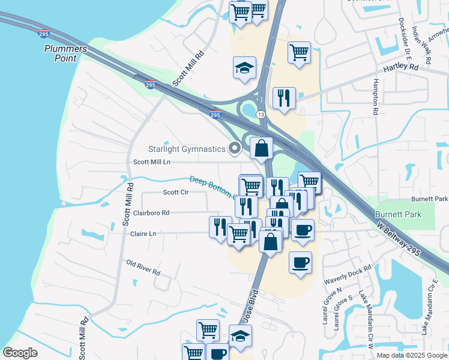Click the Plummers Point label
65,53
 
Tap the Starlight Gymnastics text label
187,149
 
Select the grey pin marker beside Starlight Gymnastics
235,148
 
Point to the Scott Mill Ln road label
152,162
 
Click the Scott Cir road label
176,193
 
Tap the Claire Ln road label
143,233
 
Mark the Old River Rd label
143,268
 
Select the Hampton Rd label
376,95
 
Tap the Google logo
20,353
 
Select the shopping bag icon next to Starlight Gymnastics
261,148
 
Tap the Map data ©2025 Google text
412,355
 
